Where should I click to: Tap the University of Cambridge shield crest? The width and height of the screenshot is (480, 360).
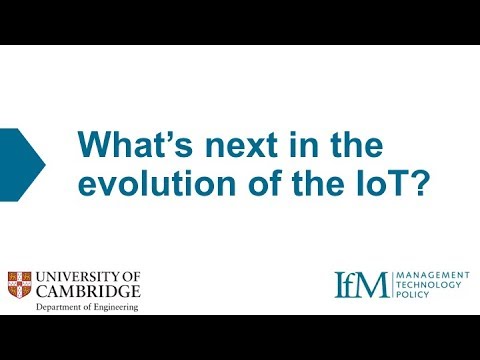20,284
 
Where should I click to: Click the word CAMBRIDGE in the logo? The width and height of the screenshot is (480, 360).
88,291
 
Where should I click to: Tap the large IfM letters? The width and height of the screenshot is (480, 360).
360,284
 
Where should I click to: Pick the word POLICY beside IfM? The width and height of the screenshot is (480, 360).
415,295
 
